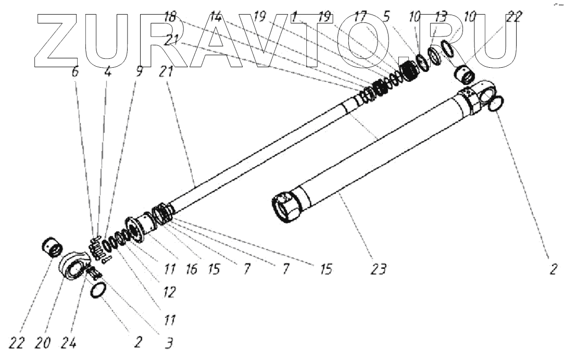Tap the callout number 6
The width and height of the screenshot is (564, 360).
tap(75, 72)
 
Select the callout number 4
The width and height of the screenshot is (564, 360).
tap(107, 72)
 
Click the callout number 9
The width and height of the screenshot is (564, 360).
tap(139, 72)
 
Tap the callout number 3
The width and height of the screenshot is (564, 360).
tap(169, 344)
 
